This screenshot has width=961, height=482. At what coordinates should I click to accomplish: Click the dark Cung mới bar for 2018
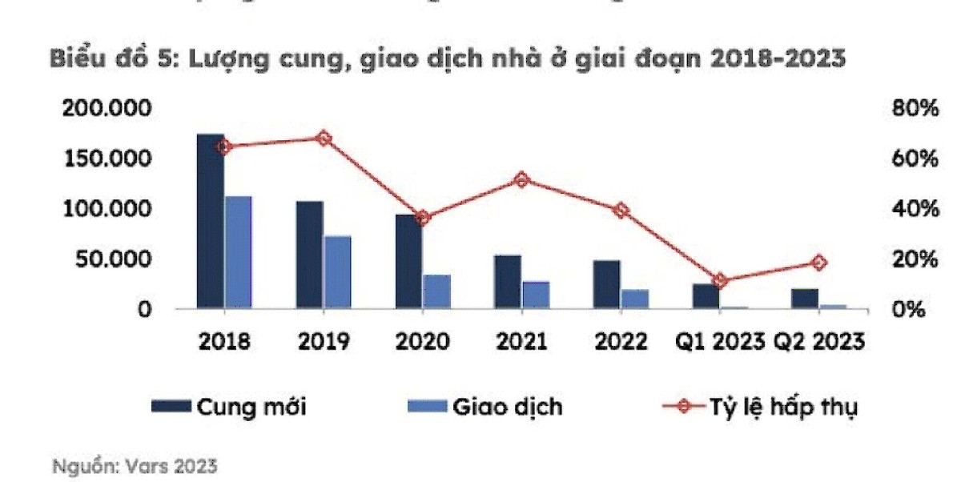point(211,221)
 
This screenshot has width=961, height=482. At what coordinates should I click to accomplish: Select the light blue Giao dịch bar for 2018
point(238,251)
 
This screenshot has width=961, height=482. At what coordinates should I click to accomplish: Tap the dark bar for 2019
point(309,254)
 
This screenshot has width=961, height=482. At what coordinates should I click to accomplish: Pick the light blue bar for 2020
point(436,291)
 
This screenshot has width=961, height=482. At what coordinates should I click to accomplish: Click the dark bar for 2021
point(507,281)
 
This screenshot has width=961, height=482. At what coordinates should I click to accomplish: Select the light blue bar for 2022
point(635,299)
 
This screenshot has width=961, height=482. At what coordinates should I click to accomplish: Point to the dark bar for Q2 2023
point(805,298)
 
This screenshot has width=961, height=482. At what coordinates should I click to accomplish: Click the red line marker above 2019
point(323,139)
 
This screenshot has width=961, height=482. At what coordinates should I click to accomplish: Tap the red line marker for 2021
point(521,180)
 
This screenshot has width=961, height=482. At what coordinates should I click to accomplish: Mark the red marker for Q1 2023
point(720,280)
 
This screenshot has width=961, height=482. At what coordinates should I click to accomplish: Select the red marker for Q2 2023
point(818,263)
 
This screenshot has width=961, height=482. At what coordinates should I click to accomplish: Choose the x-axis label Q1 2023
point(718,342)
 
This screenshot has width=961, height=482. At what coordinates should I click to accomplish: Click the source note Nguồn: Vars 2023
point(135,466)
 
